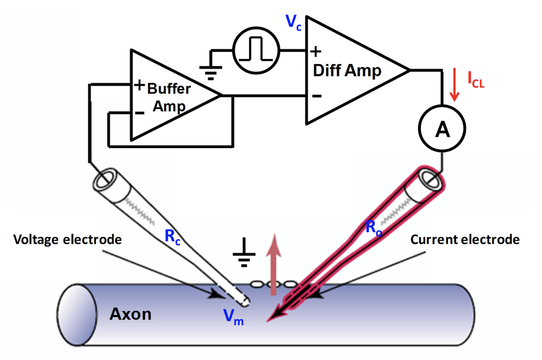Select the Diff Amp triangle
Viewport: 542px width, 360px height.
click(x=348, y=71)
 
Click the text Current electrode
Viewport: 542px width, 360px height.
click(x=465, y=240)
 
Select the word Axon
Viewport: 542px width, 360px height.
click(x=131, y=314)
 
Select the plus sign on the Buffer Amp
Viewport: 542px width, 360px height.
click(x=139, y=85)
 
